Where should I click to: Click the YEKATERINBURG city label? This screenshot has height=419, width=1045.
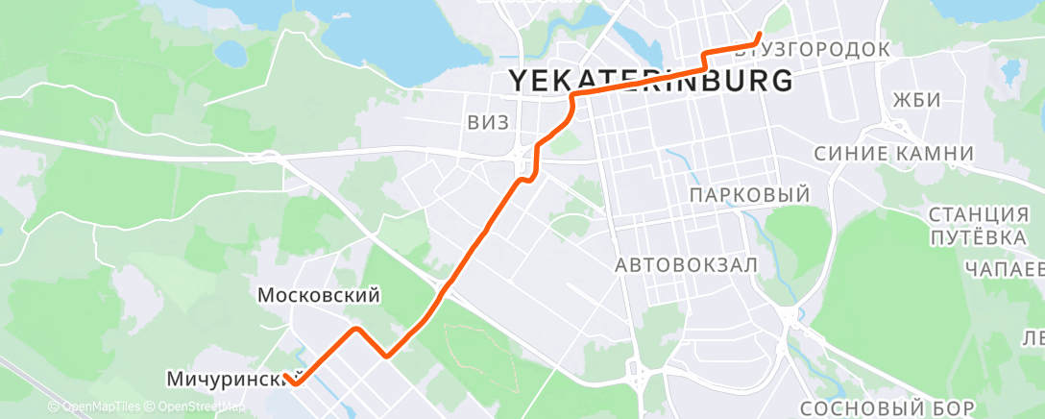tap(650, 81)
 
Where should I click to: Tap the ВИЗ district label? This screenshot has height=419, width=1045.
tap(488, 122)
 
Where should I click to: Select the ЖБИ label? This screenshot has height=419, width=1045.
tap(915, 101)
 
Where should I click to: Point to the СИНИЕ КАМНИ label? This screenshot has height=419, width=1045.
tap(894, 154)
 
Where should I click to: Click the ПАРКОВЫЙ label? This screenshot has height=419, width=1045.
tap(750, 195)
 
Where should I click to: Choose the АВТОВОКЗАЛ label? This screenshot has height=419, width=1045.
tap(688, 263)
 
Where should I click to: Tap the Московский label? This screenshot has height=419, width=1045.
tap(320, 296)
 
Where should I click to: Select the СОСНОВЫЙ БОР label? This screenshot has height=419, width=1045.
tap(887, 407)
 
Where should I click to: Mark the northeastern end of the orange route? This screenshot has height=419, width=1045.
tap(760, 36)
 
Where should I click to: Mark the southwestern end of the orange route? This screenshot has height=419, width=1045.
tap(288, 382)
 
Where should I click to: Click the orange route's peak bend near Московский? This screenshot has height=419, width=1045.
tap(357, 330)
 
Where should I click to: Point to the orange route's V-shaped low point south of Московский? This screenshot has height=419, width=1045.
tap(386, 355)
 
